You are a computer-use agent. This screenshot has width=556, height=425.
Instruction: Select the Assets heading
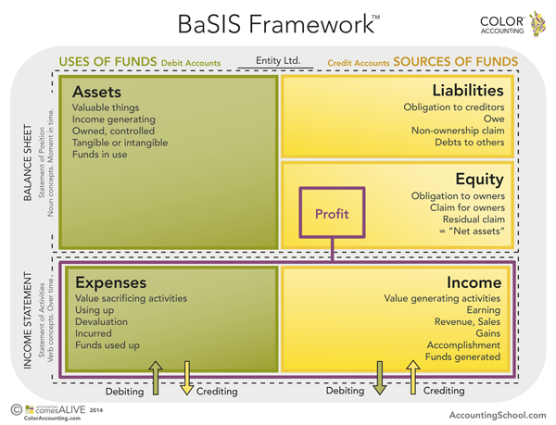pos(96,92)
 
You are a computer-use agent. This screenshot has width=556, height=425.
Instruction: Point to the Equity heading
pos(480,179)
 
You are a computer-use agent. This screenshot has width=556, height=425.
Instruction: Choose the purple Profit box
pos(332,214)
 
